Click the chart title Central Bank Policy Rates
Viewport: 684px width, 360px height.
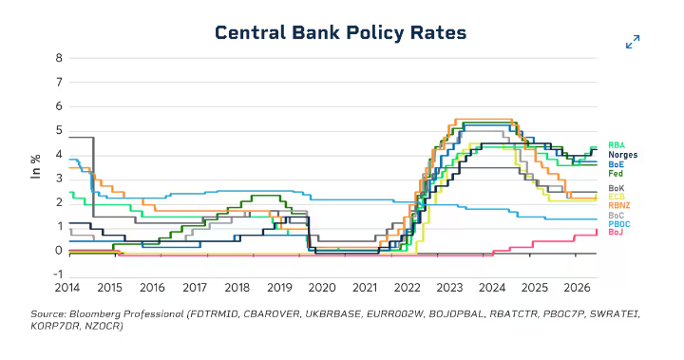tap(341, 33)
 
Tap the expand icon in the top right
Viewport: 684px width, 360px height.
tap(633, 42)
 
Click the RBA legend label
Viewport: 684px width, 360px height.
tap(617, 145)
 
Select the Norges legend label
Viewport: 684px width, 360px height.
tap(623, 155)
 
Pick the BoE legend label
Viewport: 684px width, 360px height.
tap(616, 164)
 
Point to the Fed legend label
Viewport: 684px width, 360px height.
tap(616, 174)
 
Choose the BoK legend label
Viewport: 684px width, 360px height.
tap(616, 188)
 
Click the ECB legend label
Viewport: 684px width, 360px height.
tap(617, 197)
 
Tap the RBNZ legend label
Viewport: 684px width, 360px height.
tap(619, 205)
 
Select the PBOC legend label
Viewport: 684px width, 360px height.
tap(619, 224)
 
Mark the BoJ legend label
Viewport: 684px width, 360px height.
tap(616, 232)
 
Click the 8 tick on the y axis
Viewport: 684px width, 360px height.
tap(59, 58)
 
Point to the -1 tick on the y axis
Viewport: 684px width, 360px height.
tap(58, 275)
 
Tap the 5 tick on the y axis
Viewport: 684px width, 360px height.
tap(59, 130)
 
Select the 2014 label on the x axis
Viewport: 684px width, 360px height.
tap(67, 288)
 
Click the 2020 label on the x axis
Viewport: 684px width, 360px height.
tap(322, 288)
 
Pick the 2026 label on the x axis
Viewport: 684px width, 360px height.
tap(578, 288)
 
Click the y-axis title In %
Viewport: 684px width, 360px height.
tap(36, 166)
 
